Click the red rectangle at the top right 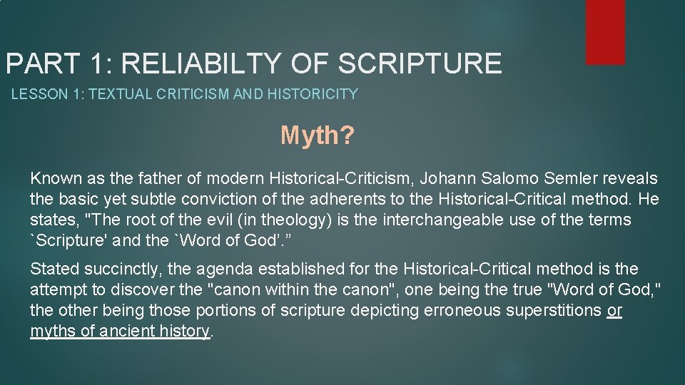click(605, 31)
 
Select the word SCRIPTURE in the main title click(420, 63)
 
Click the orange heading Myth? click(316, 135)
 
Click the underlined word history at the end click(187, 332)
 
